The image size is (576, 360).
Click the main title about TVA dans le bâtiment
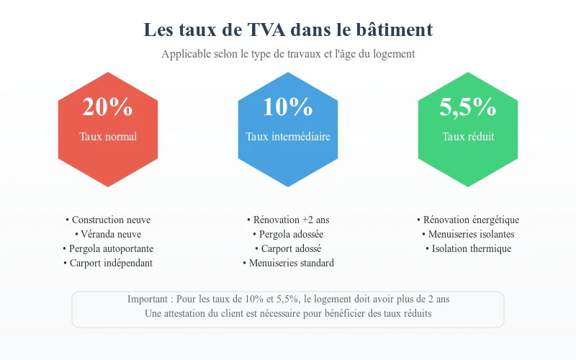tap(288, 30)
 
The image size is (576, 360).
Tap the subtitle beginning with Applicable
tap(288, 54)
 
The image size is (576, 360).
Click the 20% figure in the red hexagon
tap(108, 107)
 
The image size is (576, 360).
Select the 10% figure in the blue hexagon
tap(288, 107)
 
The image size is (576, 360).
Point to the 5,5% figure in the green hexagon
tap(468, 107)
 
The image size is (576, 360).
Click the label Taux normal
tap(108, 136)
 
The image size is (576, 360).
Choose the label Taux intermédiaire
tap(288, 136)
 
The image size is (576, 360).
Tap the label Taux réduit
tap(468, 136)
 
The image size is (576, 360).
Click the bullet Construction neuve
tap(108, 220)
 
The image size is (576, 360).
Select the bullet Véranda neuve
tap(108, 235)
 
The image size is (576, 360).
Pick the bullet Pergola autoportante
tap(108, 249)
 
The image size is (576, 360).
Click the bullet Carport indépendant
tap(108, 264)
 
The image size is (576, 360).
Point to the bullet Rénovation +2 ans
tap(288, 220)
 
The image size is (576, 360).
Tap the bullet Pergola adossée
tap(288, 235)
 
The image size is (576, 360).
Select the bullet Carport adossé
tap(288, 249)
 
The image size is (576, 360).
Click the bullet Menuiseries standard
tap(288, 264)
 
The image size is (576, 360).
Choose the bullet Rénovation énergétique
tap(468, 220)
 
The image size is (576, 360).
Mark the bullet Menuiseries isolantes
tap(468, 235)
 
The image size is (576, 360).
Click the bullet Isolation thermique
tap(468, 249)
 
